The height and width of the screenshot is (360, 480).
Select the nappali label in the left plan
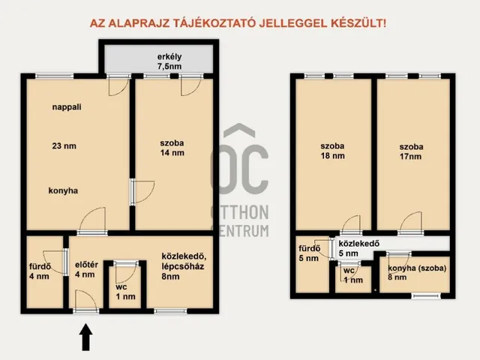click(x=67, y=107)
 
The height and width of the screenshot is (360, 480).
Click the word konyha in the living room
click(x=66, y=190)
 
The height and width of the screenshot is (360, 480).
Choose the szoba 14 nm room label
click(x=172, y=148)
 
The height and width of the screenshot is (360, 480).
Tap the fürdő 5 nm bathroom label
click(x=308, y=254)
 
